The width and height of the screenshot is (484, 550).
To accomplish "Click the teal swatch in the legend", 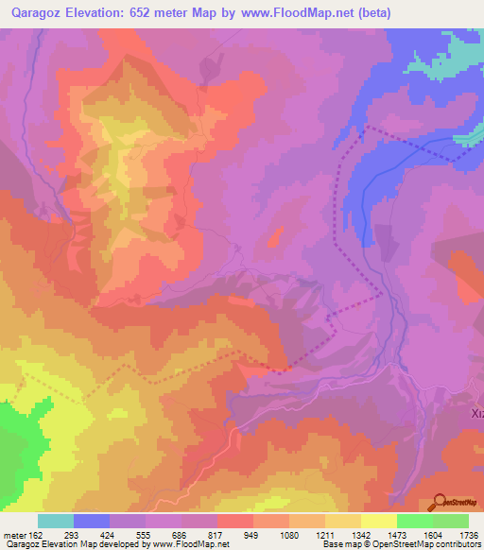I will [56, 521].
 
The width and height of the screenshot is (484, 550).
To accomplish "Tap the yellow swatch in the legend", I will [378, 521].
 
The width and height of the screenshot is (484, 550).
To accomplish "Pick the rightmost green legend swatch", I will [450, 521].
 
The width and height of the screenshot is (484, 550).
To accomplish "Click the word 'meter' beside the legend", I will [13, 534].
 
